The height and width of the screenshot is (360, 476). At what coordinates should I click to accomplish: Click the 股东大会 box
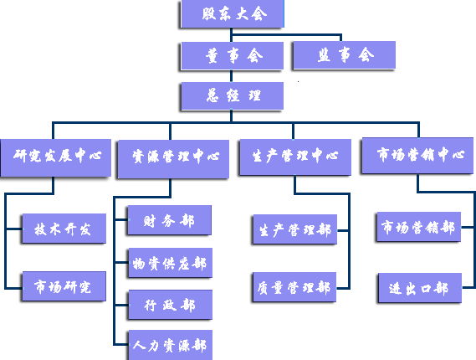pyautogui.click(x=233, y=13)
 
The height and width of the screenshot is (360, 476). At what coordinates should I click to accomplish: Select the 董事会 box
pyautogui.click(x=233, y=55)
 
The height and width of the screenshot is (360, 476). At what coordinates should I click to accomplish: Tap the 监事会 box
pyautogui.click(x=345, y=55)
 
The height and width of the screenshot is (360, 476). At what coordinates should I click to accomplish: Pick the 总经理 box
pyautogui.click(x=233, y=95)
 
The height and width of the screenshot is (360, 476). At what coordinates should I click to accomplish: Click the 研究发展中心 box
pyautogui.click(x=56, y=157)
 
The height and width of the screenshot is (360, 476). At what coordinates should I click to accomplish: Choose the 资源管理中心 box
pyautogui.click(x=173, y=158)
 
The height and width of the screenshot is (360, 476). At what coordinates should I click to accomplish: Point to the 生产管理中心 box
pyautogui.click(x=295, y=157)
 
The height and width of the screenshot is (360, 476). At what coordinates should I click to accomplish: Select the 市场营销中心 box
pyautogui.click(x=417, y=156)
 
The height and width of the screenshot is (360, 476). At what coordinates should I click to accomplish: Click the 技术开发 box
pyautogui.click(x=64, y=229)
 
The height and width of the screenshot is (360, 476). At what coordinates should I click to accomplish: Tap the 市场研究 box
pyautogui.click(x=64, y=286)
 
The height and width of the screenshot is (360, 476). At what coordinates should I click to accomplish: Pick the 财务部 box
pyautogui.click(x=169, y=220)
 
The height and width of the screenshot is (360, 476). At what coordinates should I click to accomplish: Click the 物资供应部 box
pyautogui.click(x=171, y=263)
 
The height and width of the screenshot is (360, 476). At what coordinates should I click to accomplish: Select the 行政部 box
pyautogui.click(x=171, y=305)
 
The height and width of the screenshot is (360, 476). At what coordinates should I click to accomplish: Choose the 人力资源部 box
pyautogui.click(x=171, y=345)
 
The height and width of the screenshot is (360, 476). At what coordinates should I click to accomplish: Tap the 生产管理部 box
pyautogui.click(x=295, y=229)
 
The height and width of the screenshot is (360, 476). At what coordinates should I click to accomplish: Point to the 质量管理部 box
pyautogui.click(x=294, y=287)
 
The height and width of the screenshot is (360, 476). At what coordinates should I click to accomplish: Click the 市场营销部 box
pyautogui.click(x=418, y=227)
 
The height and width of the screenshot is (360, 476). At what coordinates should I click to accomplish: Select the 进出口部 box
pyautogui.click(x=420, y=288)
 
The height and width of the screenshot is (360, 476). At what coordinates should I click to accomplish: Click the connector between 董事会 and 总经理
pyautogui.click(x=232, y=76)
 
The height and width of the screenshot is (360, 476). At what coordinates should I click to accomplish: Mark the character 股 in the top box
pyautogui.click(x=209, y=13)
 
